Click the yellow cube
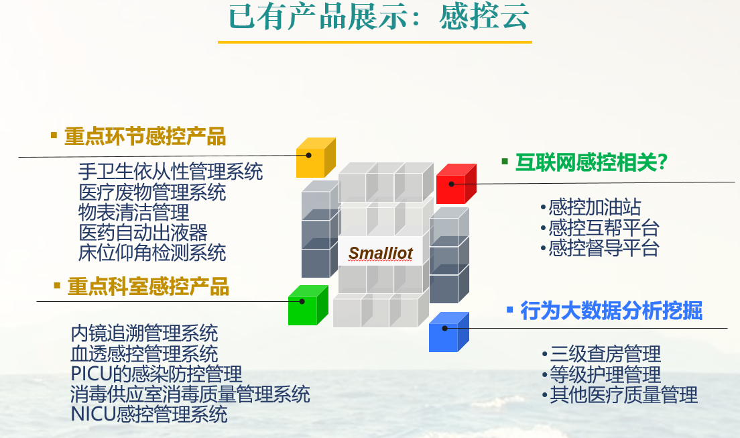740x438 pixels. tap(315, 158)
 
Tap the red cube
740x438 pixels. tap(456, 184)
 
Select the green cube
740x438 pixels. tap(308, 305)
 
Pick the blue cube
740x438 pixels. tap(448, 332)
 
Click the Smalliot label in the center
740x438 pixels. tap(380, 254)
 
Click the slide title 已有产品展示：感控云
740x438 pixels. tap(379, 17)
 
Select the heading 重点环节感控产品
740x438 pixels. tap(145, 137)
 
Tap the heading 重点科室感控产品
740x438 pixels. tap(148, 287)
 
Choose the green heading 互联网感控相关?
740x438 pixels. tap(591, 162)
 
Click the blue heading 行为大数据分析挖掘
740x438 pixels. tap(611, 311)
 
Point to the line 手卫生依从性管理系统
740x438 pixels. tap(170, 172)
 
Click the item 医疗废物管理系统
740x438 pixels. tap(152, 193)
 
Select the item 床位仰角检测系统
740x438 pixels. tap(152, 253)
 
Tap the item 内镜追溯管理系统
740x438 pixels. tap(144, 333)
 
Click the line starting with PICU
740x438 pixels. tap(156, 374)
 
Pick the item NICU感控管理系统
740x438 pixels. tap(149, 415)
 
